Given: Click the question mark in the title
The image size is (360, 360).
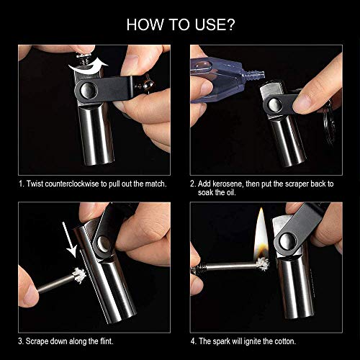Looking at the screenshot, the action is [x=230, y=24].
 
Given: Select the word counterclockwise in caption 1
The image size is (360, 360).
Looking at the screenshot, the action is [x=72, y=184].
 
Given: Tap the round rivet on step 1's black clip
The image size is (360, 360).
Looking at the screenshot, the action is [x=89, y=91].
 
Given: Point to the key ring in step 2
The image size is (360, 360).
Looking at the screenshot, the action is [x=329, y=125].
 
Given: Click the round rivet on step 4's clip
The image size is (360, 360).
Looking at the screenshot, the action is [x=287, y=240].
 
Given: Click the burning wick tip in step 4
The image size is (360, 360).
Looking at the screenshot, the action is [x=262, y=264].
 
